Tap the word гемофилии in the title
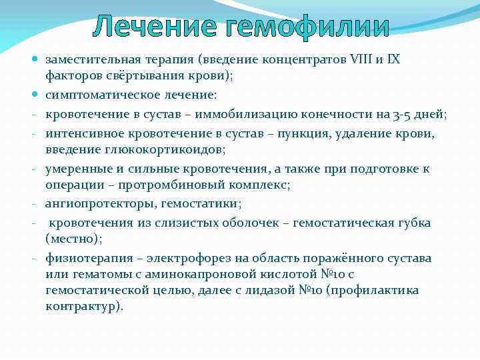click(x=306, y=27)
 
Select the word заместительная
click(x=91, y=60)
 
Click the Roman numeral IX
click(x=393, y=60)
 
